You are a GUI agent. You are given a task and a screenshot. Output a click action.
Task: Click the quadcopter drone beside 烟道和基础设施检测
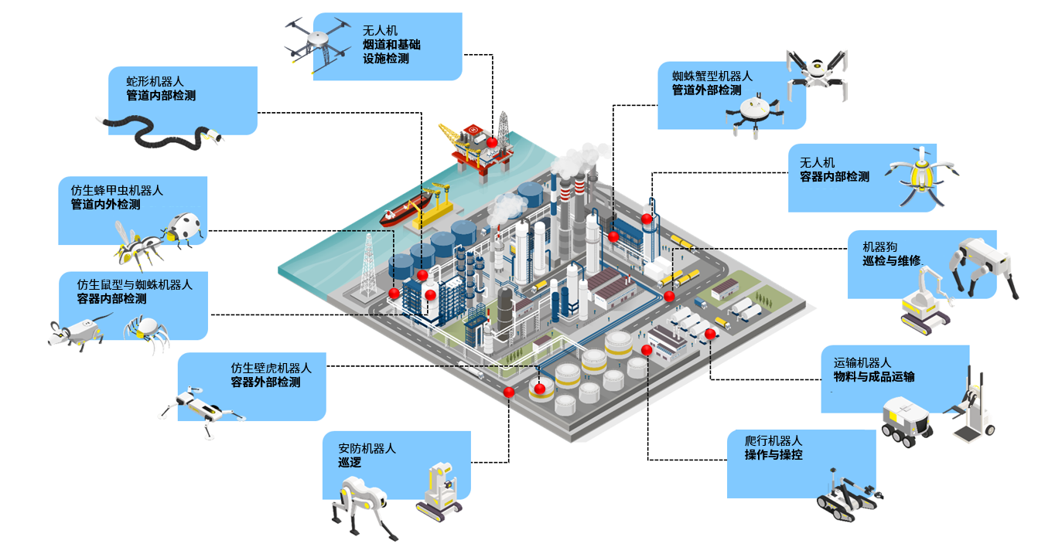point(318,42)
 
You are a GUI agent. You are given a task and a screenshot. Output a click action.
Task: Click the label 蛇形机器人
point(155,81)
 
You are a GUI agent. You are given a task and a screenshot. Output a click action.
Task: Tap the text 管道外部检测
point(706,90)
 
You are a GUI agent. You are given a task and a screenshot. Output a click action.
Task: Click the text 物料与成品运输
point(868,376)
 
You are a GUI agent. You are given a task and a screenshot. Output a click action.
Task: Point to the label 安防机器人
point(367,447)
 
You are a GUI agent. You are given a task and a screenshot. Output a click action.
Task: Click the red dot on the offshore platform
point(491,142)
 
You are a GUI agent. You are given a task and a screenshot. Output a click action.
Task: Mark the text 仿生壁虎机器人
point(271,368)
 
